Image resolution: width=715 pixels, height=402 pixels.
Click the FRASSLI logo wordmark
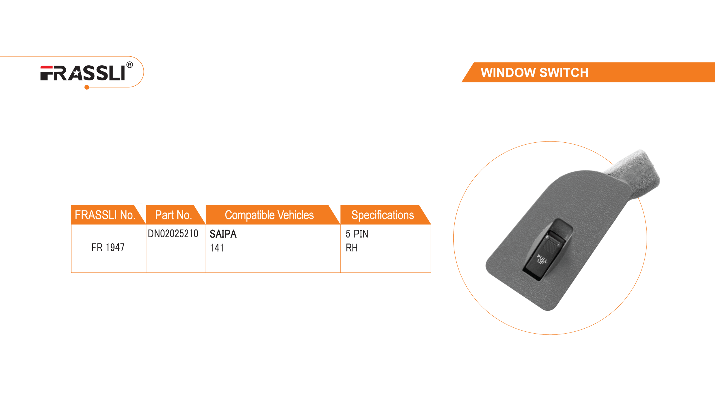(83, 73)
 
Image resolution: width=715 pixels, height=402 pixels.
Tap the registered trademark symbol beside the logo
(130, 65)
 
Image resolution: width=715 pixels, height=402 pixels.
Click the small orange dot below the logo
(87, 88)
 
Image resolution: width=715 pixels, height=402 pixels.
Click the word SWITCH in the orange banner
(564, 73)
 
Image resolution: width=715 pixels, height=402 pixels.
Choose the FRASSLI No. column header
(105, 215)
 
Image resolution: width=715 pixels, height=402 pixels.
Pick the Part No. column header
(173, 215)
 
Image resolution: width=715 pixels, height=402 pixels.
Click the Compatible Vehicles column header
(269, 215)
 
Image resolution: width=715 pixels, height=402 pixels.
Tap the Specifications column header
(382, 215)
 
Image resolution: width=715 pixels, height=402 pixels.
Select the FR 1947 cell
(108, 247)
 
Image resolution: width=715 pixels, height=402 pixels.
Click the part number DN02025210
(173, 233)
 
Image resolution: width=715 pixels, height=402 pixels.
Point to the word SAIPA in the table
(223, 234)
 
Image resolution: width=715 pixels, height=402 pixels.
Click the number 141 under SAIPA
(216, 248)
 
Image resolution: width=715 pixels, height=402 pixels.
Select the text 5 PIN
(357, 234)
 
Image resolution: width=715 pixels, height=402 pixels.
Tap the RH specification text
(352, 248)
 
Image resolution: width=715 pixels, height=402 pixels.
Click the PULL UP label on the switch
(542, 259)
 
